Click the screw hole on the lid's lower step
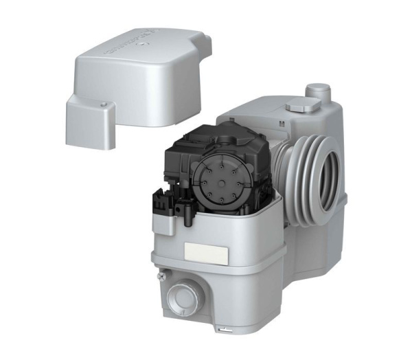click(x=102, y=104)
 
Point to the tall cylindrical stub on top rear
click(x=317, y=91)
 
